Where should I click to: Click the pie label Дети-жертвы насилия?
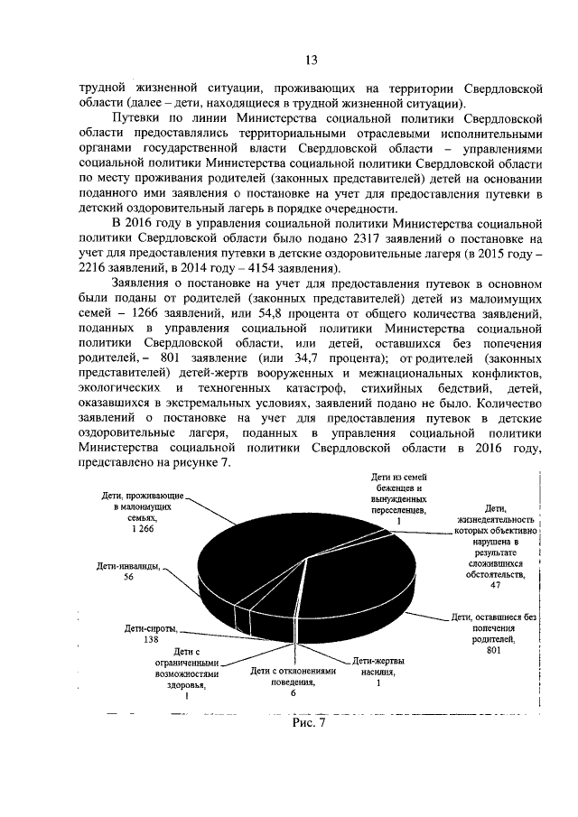pos(378,665)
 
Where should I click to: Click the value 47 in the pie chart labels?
pos(495,586)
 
